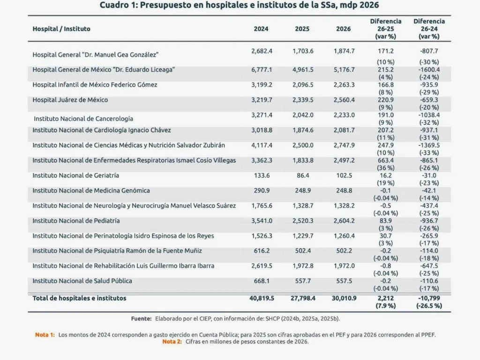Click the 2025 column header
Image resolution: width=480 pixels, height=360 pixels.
tap(302, 29)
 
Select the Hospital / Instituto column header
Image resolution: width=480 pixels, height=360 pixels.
tap(61, 29)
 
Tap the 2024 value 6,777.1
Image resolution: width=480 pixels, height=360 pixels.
tap(261, 69)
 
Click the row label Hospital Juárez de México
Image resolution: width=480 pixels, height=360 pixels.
tap(70, 100)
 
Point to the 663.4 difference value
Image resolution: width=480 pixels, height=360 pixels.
tap(385, 160)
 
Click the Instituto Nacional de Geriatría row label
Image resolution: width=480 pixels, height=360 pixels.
tap(75, 175)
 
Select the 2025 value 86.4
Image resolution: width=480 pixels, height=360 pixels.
tap(302, 175)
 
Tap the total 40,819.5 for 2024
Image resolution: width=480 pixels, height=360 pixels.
tap(262, 298)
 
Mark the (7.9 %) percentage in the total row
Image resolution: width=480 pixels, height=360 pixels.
tap(385, 306)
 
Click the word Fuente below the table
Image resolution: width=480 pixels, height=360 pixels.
tap(141, 319)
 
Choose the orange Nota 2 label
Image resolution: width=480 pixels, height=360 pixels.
tap(172, 341)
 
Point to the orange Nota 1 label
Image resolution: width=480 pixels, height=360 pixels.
tap(45, 335)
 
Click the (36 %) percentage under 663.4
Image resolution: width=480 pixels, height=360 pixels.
tap(385, 168)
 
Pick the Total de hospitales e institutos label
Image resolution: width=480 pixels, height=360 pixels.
tap(79, 298)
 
